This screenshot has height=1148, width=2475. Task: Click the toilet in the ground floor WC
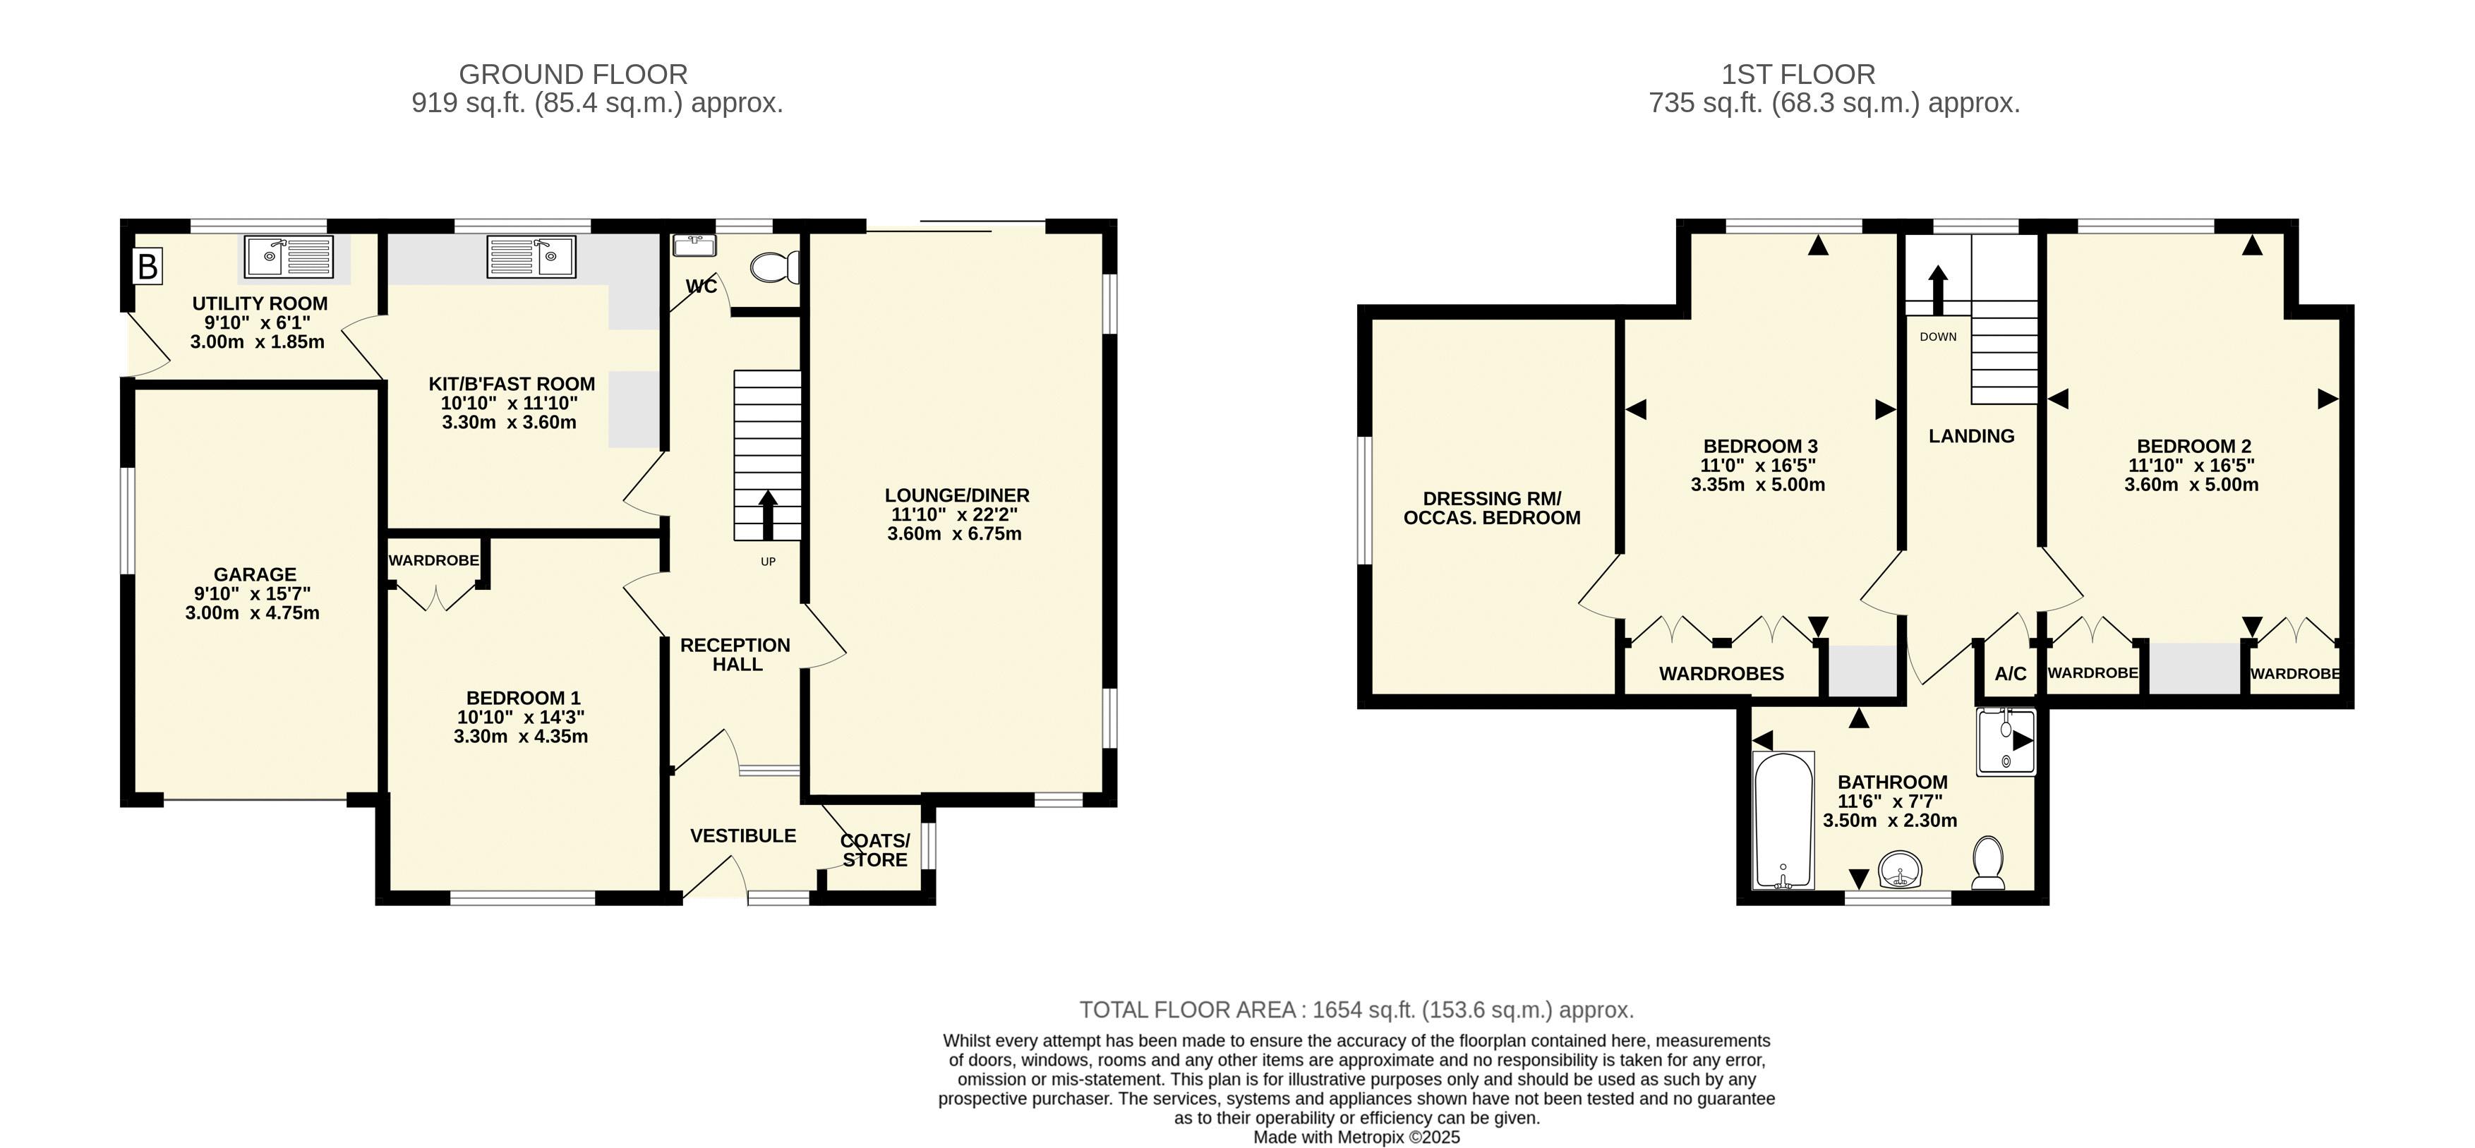pos(776,267)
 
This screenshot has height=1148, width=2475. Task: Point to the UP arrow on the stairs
pos(769,516)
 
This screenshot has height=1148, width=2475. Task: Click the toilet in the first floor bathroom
pos(1987,863)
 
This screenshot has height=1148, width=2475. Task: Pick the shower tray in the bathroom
pos(2006,742)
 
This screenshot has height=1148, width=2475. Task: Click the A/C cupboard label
pos(2011,673)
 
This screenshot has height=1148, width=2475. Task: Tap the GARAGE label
pos(255,574)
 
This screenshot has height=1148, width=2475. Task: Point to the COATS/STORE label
pos(875,850)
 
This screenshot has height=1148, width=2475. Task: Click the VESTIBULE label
pos(744,836)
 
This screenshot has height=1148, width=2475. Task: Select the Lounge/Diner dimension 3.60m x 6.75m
pos(955,533)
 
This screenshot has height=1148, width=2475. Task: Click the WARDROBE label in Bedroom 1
pos(434,560)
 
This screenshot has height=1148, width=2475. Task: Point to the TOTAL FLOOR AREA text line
pos(1356,1010)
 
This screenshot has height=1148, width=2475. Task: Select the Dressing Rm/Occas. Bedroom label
pos(1492,508)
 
